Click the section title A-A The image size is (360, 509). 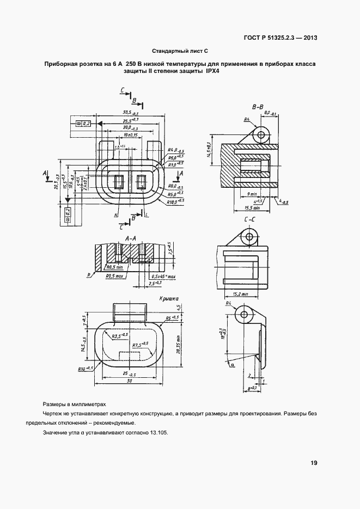pyautogui.click(x=130, y=238)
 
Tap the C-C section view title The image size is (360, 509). pyautogui.click(x=251, y=219)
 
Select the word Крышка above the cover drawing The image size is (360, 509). pyautogui.click(x=170, y=299)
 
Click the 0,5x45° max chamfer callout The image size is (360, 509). pyautogui.click(x=164, y=277)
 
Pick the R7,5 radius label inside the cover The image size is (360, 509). pyautogui.click(x=142, y=344)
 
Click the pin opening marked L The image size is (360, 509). pyautogui.click(x=143, y=181)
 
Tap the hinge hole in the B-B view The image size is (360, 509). pyautogui.click(x=261, y=134)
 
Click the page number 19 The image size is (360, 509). pyautogui.click(x=314, y=463)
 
